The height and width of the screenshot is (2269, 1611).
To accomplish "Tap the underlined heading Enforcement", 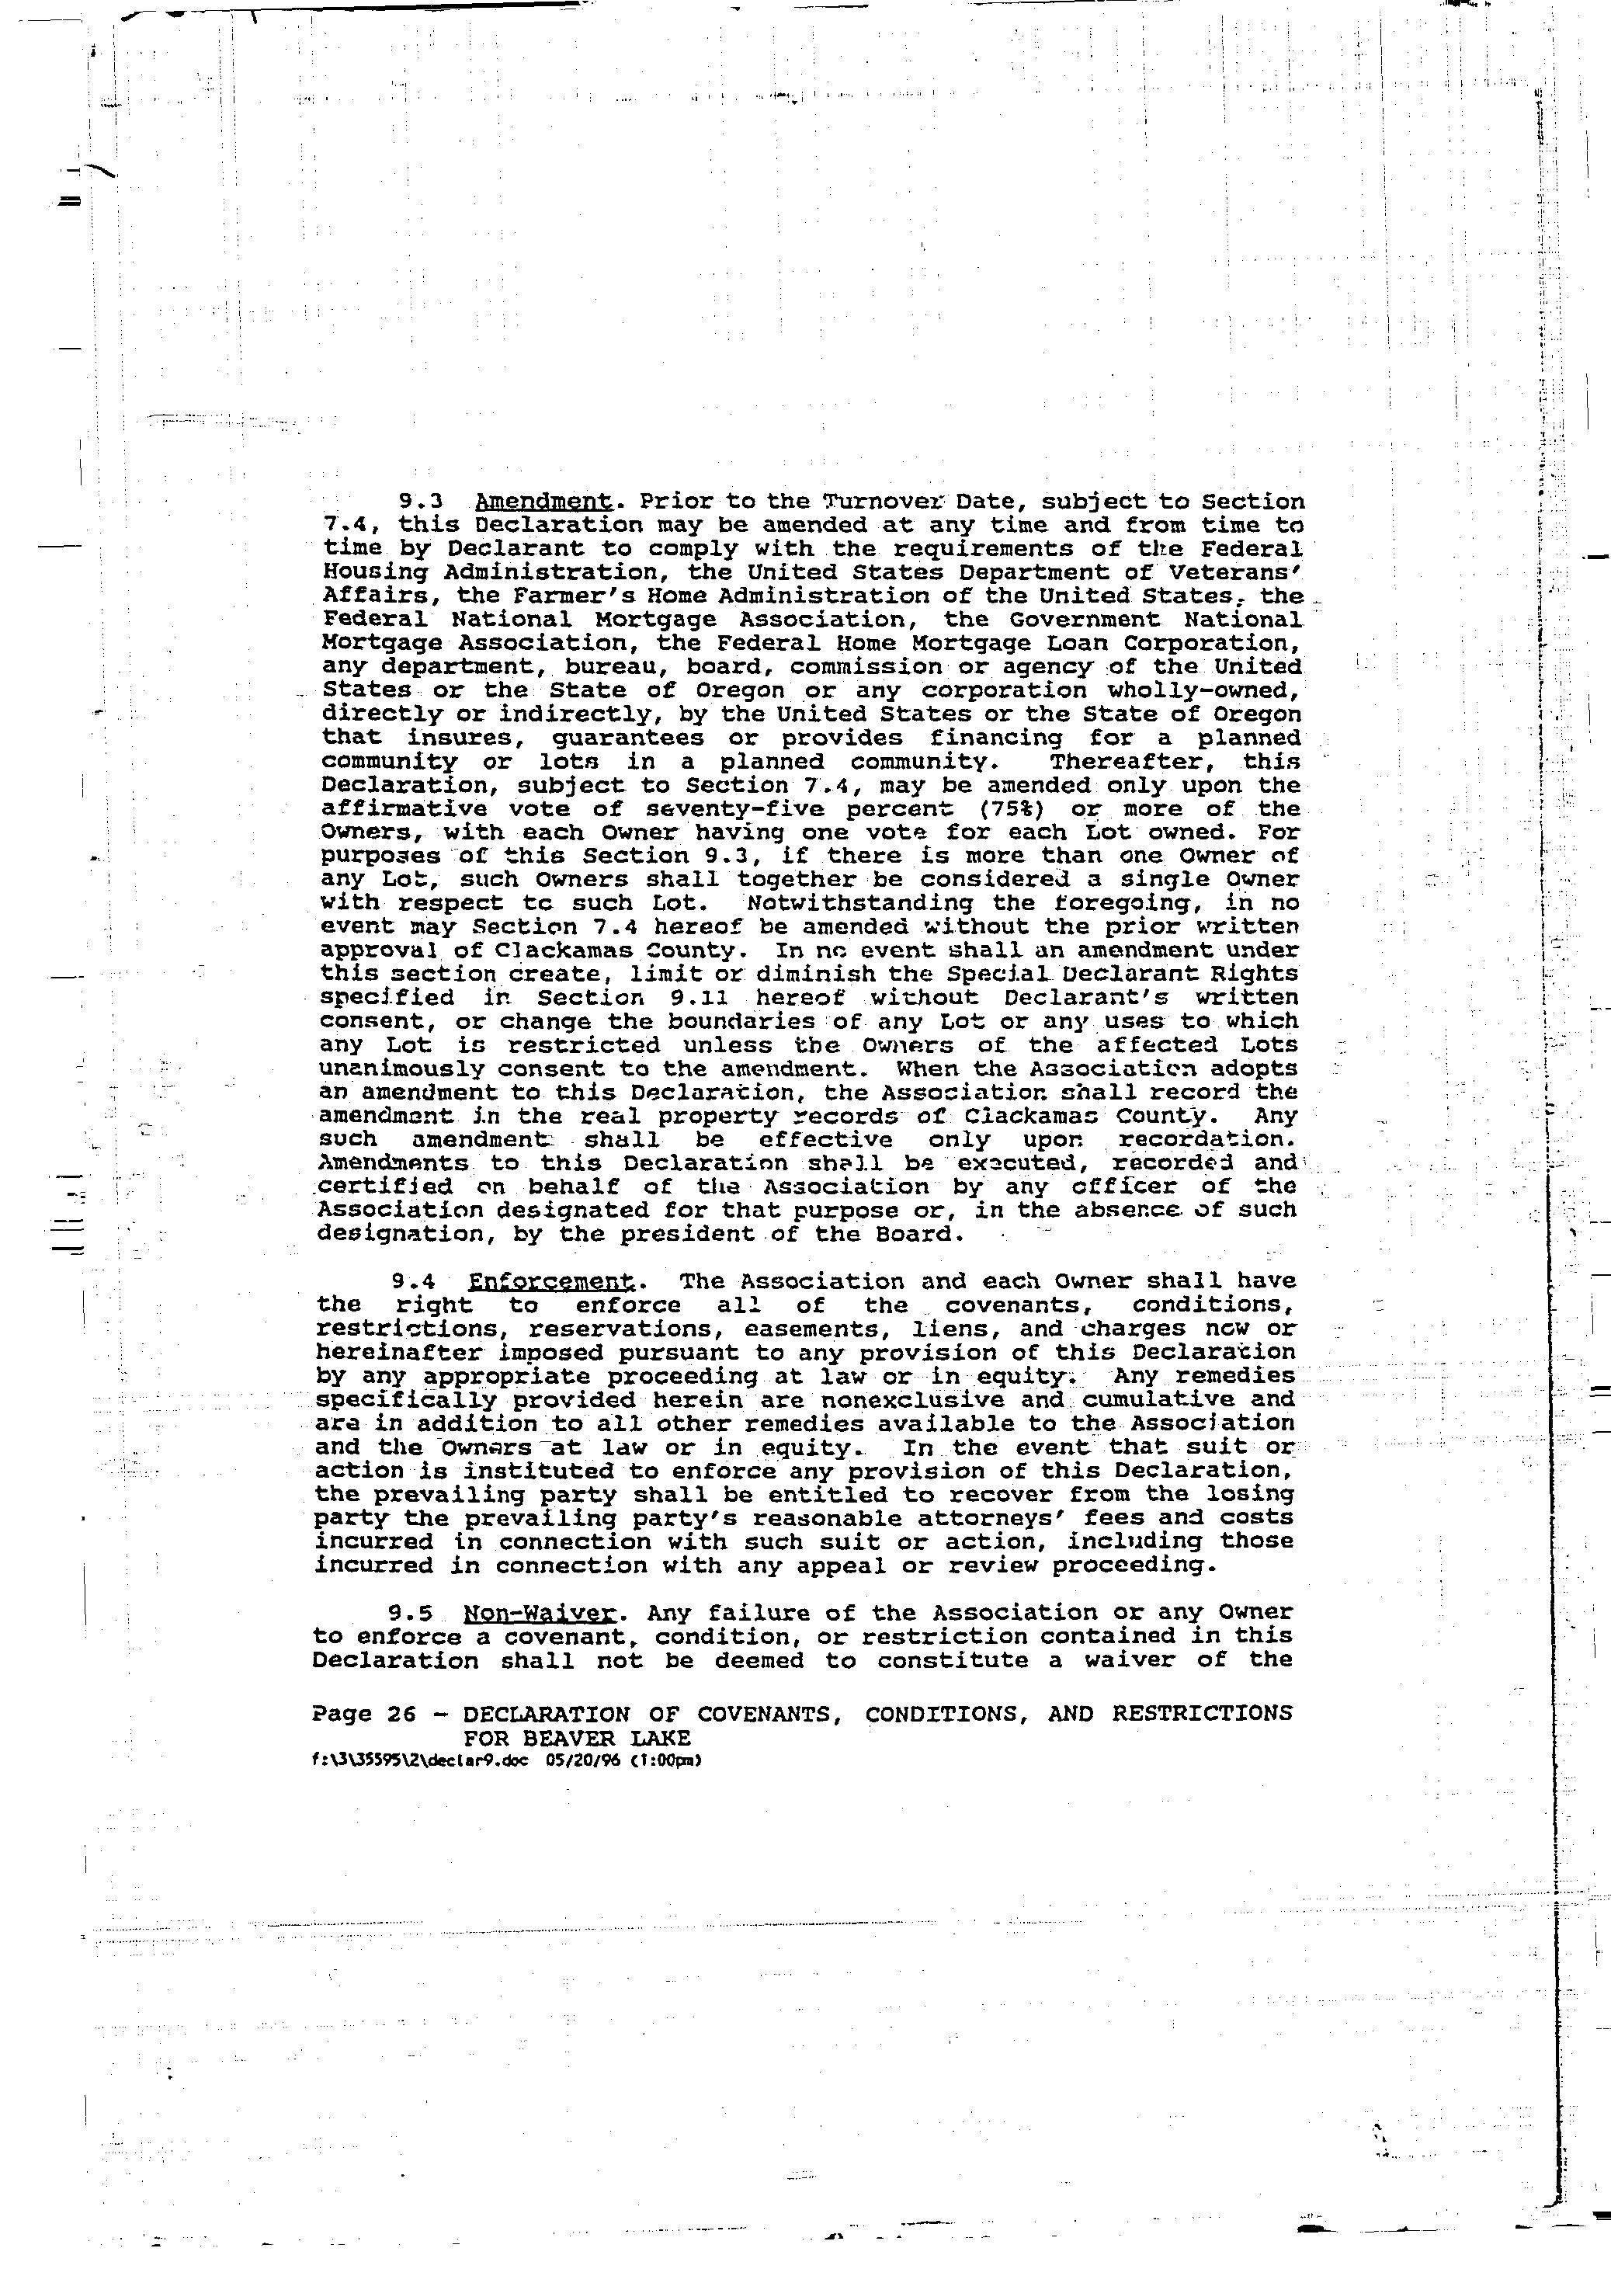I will [551, 1282].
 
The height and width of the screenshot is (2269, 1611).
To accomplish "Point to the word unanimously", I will [401, 1069].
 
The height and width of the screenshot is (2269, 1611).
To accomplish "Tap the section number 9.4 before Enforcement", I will [414, 1282].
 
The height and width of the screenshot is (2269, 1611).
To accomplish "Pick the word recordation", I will [1201, 1141].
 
